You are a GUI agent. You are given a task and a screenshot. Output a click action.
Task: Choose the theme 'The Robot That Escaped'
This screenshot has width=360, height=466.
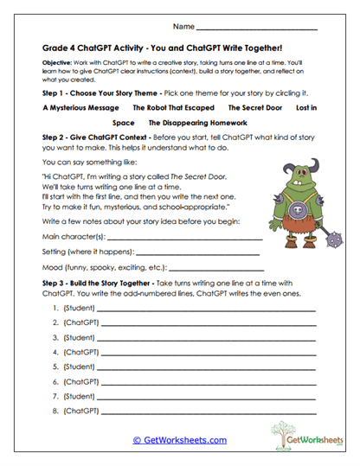[174, 108]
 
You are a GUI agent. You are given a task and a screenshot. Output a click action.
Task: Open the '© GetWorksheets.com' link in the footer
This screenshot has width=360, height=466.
[179, 440]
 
